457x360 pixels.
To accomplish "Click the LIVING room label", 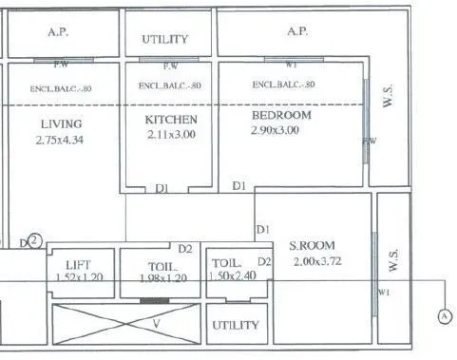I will (x=61, y=123).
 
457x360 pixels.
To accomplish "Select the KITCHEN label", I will (x=171, y=120).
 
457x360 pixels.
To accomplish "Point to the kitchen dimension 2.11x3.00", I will (x=171, y=135).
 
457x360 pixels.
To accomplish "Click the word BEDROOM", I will (x=281, y=115).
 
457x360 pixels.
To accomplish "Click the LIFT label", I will (x=79, y=264).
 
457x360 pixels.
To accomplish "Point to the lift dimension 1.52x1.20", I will (x=80, y=277).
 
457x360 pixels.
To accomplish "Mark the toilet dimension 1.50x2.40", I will (x=232, y=277).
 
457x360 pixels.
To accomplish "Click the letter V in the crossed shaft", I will (x=156, y=323).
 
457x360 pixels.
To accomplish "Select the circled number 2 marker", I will (x=34, y=241).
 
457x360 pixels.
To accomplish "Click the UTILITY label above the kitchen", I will (x=165, y=40).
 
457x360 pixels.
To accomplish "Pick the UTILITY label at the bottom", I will (x=236, y=325).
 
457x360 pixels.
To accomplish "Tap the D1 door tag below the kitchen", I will (x=162, y=189).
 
